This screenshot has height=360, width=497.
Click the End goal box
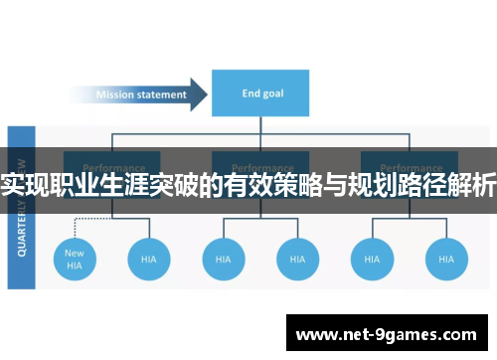[x=260, y=94]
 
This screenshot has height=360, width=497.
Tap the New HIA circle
[x=75, y=259]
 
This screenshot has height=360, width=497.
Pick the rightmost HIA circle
[x=446, y=259]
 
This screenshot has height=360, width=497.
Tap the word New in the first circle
[x=75, y=253]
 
